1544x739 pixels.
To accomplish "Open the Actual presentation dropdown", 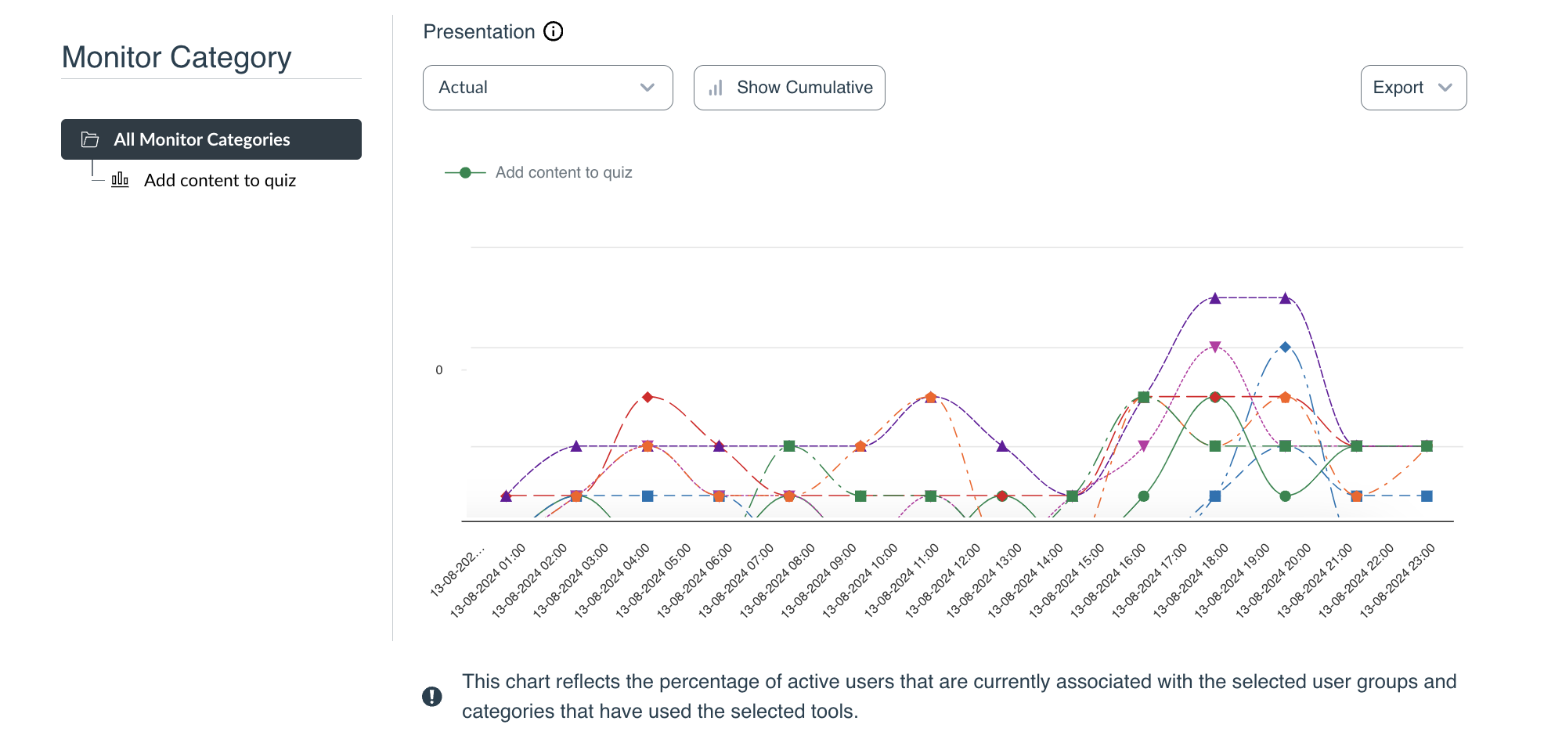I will pyautogui.click(x=547, y=88).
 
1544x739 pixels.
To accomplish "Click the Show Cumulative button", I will pyautogui.click(x=789, y=88).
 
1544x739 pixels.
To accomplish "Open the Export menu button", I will pyautogui.click(x=1413, y=88).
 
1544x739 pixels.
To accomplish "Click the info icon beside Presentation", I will pyautogui.click(x=554, y=31).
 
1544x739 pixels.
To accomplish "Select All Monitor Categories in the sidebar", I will pyautogui.click(x=211, y=139).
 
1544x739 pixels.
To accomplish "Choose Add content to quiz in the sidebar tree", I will pyautogui.click(x=219, y=181).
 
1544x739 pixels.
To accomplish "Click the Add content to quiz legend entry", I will pyautogui.click(x=563, y=172).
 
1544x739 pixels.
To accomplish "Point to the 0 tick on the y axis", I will pyautogui.click(x=439, y=370).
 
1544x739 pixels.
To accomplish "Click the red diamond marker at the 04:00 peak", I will pyautogui.click(x=648, y=398).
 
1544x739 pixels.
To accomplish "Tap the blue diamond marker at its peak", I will pyautogui.click(x=1285, y=347).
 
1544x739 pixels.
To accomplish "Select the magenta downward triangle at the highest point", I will pyautogui.click(x=1215, y=347).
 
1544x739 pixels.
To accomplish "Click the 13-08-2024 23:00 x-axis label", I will pyautogui.click(x=1398, y=580).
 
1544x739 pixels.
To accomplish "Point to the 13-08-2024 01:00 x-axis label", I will pyautogui.click(x=489, y=580).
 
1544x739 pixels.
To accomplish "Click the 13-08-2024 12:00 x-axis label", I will pyautogui.click(x=943, y=580).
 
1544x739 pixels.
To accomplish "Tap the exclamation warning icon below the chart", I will pyautogui.click(x=432, y=696).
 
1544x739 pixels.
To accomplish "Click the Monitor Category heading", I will pyautogui.click(x=176, y=57).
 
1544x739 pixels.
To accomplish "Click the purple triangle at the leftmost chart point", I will pyautogui.click(x=507, y=496).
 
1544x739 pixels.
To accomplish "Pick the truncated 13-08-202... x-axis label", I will pyautogui.click(x=458, y=572).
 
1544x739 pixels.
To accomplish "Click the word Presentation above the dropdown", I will pyautogui.click(x=478, y=32).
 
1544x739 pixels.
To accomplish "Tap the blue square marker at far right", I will pyautogui.click(x=1427, y=496).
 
